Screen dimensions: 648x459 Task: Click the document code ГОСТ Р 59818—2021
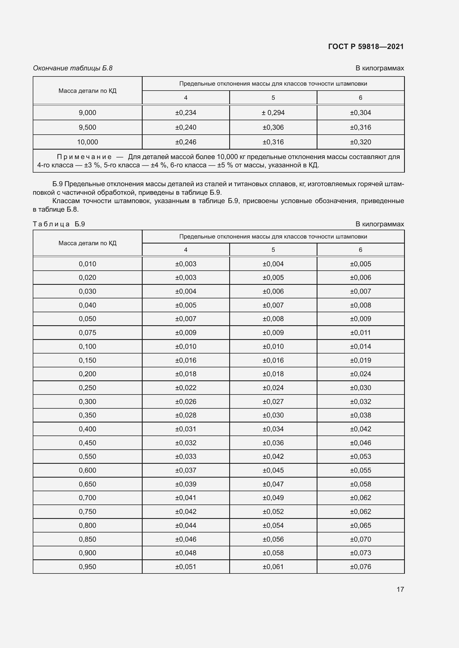point(366,47)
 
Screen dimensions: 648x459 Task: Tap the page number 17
point(400,589)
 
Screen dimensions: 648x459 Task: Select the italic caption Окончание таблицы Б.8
point(73,68)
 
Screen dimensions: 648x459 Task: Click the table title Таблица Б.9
point(59,224)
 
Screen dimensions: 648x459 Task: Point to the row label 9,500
point(87,127)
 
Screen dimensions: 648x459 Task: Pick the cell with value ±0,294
point(273,112)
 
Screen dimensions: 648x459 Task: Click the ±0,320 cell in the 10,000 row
point(360,142)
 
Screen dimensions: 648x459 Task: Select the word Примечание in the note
point(84,157)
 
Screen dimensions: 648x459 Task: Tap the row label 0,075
point(87,332)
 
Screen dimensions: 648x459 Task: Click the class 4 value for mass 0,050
point(186,319)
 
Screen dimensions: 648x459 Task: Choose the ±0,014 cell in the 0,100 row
point(360,346)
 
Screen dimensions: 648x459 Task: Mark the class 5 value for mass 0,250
point(273,388)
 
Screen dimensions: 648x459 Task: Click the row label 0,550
point(87,456)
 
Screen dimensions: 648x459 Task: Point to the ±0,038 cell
point(360,415)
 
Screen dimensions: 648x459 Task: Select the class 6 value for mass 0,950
point(360,567)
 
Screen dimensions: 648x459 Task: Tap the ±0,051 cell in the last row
point(186,567)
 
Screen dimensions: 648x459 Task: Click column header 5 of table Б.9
point(273,250)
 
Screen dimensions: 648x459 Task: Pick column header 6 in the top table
point(360,98)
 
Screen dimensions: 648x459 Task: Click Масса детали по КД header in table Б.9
point(87,243)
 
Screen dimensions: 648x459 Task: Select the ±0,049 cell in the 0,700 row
point(273,498)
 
